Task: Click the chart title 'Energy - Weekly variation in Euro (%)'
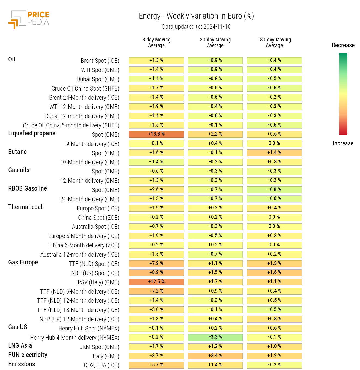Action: [x=196, y=16]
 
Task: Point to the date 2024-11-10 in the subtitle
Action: [x=217, y=27]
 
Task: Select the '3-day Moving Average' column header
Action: [x=156, y=43]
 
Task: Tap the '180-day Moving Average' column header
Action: [x=274, y=43]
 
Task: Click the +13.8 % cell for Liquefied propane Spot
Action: [x=156, y=134]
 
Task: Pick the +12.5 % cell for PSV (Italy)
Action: [x=156, y=282]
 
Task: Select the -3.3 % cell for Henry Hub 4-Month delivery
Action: [x=215, y=337]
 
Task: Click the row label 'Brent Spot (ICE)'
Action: [x=100, y=61]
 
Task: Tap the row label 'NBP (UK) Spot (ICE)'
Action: [x=95, y=273]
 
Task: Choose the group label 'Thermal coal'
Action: [x=25, y=207]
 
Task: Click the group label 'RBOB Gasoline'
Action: [x=28, y=188]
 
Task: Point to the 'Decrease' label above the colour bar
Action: [x=343, y=45]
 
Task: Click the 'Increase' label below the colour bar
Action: [x=343, y=143]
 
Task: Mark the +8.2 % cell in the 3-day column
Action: [x=156, y=273]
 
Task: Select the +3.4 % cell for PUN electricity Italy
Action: [x=215, y=356]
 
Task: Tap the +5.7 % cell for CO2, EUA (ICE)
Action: [x=156, y=365]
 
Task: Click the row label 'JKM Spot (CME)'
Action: [x=99, y=347]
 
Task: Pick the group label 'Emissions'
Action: [x=22, y=364]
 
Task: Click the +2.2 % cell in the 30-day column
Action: [x=215, y=134]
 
